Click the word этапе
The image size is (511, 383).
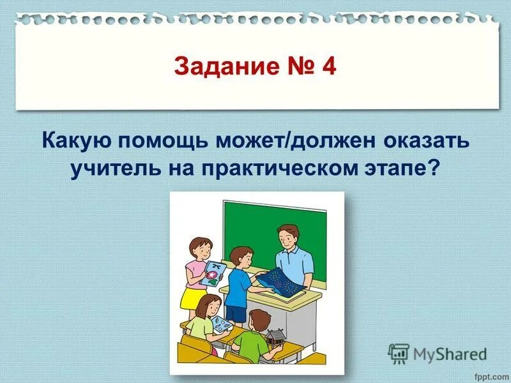click(401, 168)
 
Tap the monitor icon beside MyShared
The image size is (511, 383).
click(399, 353)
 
